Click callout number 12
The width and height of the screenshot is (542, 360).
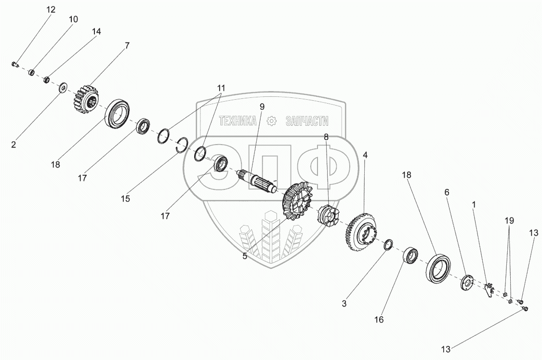click(51, 10)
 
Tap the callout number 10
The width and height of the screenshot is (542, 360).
click(73, 19)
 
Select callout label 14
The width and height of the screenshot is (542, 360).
click(96, 31)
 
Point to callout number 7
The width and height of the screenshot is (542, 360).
click(127, 46)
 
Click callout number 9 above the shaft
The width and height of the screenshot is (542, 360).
click(262, 107)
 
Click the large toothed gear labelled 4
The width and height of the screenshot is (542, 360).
click(358, 233)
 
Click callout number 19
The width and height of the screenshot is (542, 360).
click(509, 221)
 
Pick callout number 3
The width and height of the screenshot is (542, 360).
click(344, 303)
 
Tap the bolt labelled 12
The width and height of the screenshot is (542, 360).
click(14, 64)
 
